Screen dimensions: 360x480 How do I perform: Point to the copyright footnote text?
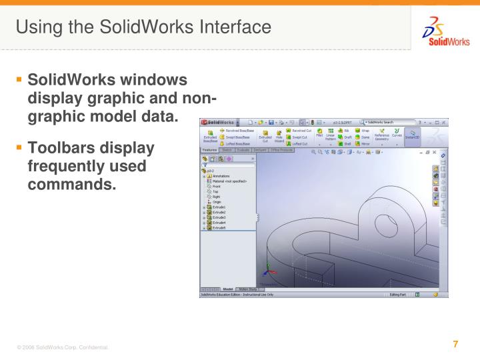point(63,348)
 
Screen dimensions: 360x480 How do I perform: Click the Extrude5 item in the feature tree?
point(219,228)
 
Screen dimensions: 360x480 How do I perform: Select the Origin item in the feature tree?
point(217,201)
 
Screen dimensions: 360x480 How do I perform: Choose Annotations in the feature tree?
point(223,176)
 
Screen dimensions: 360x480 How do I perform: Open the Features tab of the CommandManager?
point(209,150)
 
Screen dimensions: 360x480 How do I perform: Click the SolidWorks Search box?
point(387,122)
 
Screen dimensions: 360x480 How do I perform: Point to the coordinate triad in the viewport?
point(267,270)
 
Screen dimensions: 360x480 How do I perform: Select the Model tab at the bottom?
point(228,289)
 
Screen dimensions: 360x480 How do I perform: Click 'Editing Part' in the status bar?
point(399,294)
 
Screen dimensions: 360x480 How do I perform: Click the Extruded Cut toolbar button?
point(265,137)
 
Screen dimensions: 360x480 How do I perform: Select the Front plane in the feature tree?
point(217,186)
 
